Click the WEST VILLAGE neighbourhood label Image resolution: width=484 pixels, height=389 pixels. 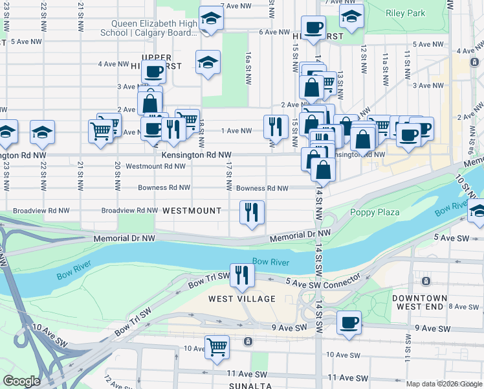[x=242, y=299]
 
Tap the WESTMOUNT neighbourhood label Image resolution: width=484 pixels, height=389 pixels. [x=192, y=211]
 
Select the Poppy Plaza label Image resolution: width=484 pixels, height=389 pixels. [x=375, y=212]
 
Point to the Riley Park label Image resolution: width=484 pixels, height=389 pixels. [x=405, y=13]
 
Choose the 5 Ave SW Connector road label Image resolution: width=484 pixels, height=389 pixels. [x=323, y=280]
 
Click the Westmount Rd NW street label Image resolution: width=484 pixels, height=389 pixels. [x=156, y=167]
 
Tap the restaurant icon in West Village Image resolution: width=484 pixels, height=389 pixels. [x=242, y=275]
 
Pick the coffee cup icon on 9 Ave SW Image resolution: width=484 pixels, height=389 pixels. [x=349, y=322]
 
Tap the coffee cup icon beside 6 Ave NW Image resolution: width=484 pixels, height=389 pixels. [x=313, y=27]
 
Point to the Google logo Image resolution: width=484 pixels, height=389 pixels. [x=21, y=381]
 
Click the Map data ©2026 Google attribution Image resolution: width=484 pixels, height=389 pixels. [x=443, y=384]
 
